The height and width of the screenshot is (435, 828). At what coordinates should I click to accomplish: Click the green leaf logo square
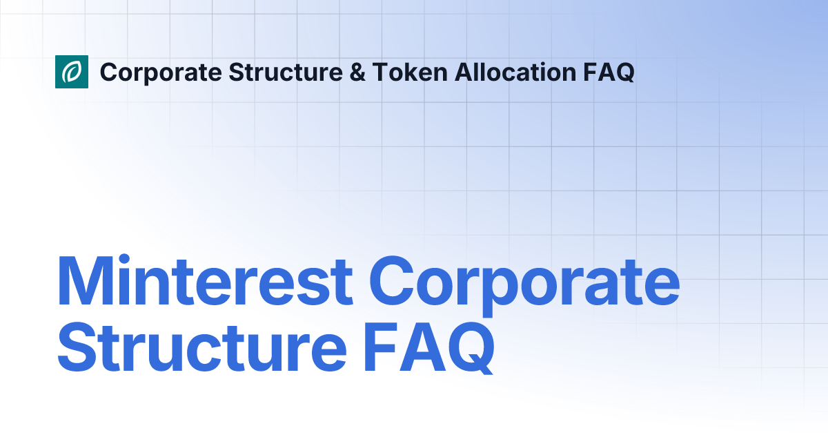pyautogui.click(x=72, y=72)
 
